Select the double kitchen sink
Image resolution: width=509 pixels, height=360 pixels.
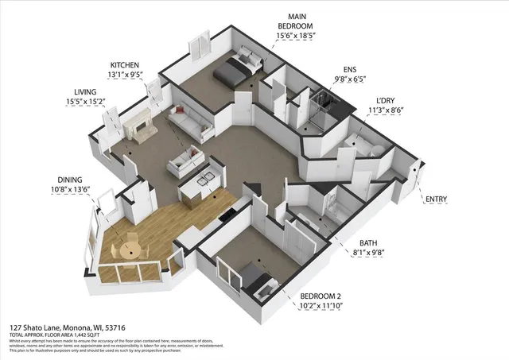206,180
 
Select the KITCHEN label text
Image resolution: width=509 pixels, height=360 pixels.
126,64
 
